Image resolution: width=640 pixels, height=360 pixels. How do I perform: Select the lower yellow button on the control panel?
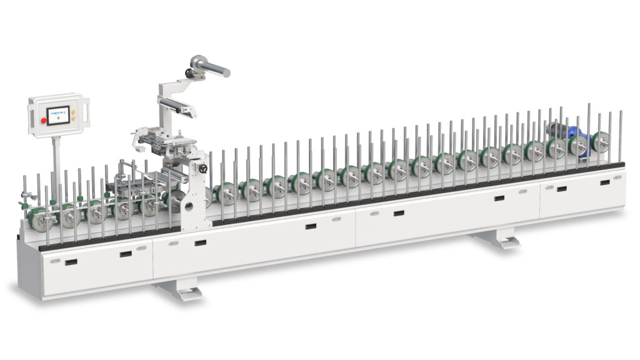(x=73, y=117)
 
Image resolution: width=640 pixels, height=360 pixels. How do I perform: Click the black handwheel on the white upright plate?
(x=202, y=169)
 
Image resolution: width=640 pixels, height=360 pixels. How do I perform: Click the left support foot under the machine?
(x=181, y=289)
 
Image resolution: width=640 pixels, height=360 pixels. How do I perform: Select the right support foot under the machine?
(x=498, y=239)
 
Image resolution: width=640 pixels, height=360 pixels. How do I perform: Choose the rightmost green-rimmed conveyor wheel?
(x=601, y=141)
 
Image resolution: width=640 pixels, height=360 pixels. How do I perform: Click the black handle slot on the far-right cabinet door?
(x=604, y=182)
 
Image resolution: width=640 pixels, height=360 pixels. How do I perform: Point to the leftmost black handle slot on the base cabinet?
(x=71, y=262)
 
